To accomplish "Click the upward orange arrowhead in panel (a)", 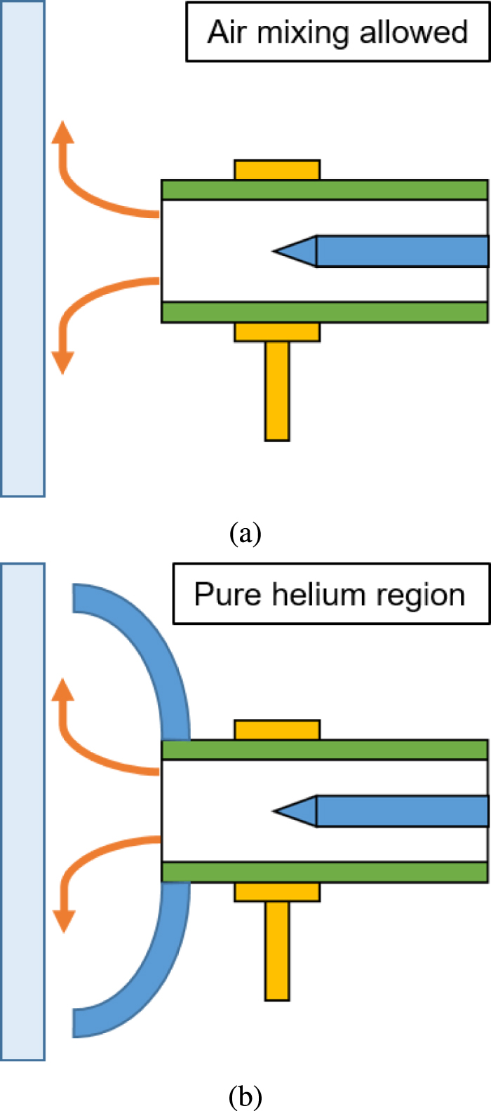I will pos(63,133).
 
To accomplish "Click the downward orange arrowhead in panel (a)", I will pos(62,362).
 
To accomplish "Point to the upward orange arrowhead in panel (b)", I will pos(64,691).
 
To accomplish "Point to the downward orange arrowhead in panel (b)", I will pos(64,921).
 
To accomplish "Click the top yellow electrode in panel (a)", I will pos(277,170).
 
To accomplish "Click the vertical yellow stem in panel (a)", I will pos(277,390).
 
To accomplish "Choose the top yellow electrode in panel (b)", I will pos(277,730).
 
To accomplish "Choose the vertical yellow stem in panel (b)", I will pos(277,950).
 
